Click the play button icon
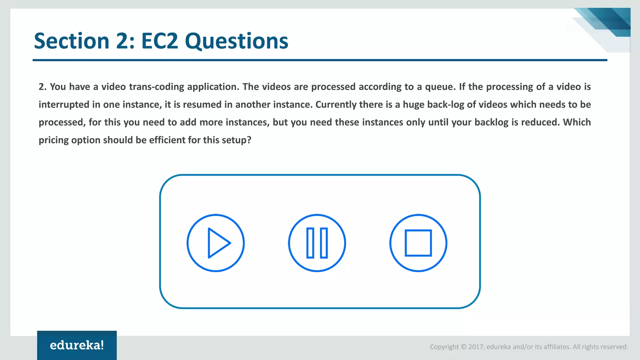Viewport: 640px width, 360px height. [x=216, y=243]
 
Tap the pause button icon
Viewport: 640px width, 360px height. [x=317, y=243]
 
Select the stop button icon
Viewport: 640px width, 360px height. [x=418, y=243]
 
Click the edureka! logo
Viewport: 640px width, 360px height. [x=77, y=345]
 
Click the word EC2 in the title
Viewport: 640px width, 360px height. [x=159, y=41]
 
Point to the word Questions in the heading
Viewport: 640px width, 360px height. [x=237, y=41]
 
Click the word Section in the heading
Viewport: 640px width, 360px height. [x=72, y=41]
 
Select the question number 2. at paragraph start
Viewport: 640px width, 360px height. [x=42, y=87]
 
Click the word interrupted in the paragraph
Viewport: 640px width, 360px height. [x=64, y=104]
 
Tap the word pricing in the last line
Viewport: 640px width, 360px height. [x=53, y=140]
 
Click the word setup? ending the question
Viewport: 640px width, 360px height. [x=236, y=140]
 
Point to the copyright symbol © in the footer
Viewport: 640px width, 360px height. [x=463, y=347]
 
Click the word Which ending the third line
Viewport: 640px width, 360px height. [x=577, y=122]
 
